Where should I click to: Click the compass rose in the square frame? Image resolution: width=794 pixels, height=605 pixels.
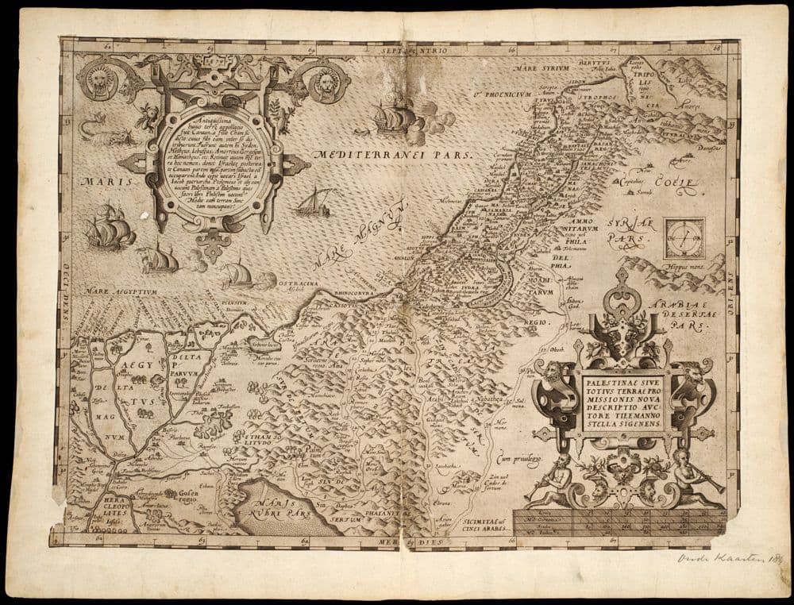[x=684, y=238]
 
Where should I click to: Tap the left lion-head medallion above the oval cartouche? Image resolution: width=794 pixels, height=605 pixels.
[x=101, y=82]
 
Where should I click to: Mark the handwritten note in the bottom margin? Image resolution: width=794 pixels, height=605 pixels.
[x=724, y=558]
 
